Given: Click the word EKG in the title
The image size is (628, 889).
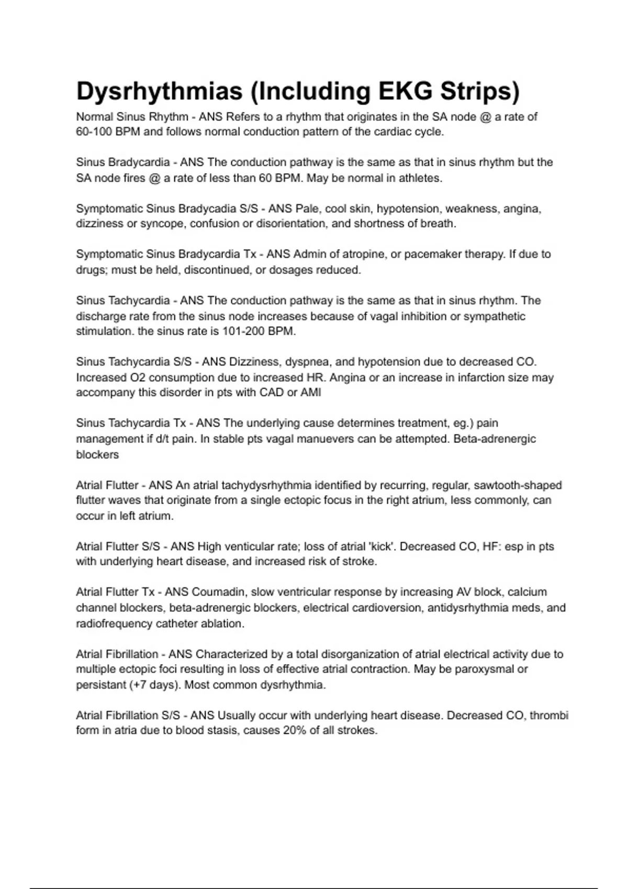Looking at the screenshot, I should coord(406,91).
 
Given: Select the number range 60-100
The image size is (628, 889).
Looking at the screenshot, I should coord(94,132).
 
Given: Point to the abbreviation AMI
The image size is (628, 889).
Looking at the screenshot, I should coord(311,393).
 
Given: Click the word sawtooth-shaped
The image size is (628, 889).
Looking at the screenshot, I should coord(518,485).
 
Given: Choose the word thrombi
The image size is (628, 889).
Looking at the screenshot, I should coord(549,715).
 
